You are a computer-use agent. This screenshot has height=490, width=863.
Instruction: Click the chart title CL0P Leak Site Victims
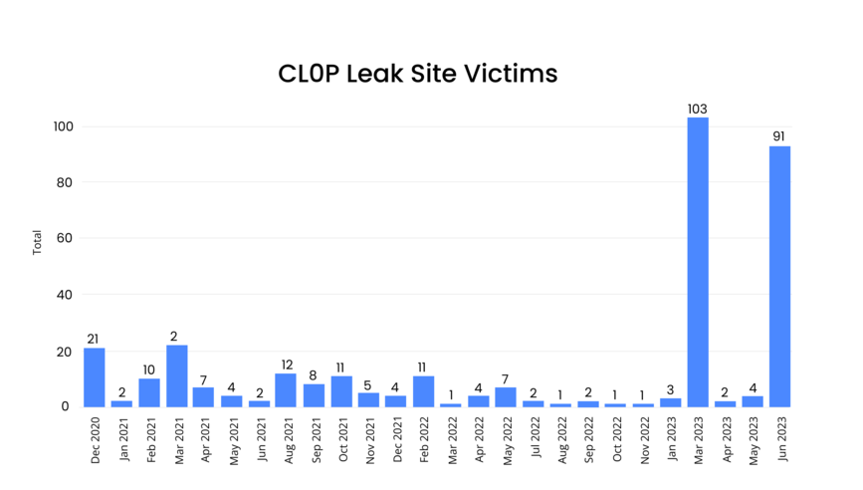[417, 75]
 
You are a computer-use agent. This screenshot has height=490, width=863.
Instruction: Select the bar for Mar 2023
[698, 262]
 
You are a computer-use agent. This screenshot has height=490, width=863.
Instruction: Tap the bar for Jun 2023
[779, 276]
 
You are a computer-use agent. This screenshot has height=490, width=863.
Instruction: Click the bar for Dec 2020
[95, 377]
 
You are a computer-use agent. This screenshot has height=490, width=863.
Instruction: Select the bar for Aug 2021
[286, 389]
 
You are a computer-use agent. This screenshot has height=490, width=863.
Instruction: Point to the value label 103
[698, 108]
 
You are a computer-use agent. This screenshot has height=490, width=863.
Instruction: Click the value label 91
[779, 136]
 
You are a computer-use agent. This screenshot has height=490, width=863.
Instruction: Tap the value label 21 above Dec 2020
[94, 339]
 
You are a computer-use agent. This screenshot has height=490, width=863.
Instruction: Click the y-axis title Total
[37, 242]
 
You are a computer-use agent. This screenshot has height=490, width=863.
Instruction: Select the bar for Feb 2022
[423, 391]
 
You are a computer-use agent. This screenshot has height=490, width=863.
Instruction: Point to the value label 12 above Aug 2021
[286, 365]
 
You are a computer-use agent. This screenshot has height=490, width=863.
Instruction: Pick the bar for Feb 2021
[149, 392]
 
